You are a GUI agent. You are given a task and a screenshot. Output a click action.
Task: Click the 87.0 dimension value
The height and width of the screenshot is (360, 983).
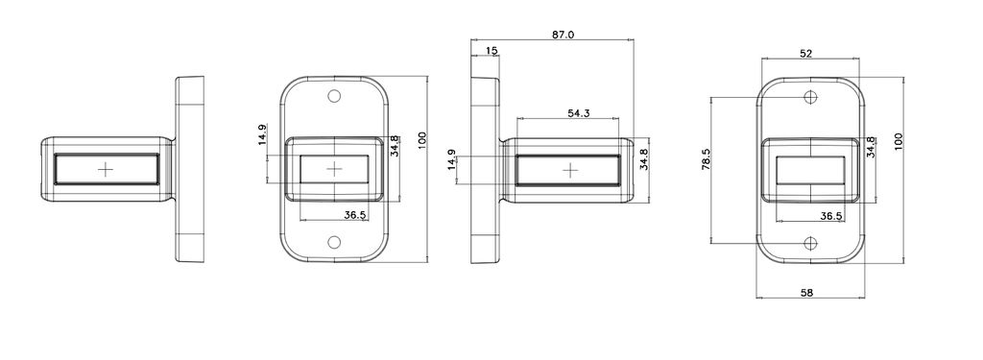pyautogui.click(x=563, y=35)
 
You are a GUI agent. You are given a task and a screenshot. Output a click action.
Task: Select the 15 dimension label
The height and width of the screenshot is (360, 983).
pyautogui.click(x=491, y=50)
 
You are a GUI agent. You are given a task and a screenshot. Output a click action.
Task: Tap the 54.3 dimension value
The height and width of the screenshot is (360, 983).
pyautogui.click(x=579, y=113)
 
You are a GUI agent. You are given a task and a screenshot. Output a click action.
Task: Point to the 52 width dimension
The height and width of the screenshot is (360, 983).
pyautogui.click(x=806, y=54)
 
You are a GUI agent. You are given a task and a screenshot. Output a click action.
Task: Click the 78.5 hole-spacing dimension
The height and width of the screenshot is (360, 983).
pyautogui.click(x=706, y=160)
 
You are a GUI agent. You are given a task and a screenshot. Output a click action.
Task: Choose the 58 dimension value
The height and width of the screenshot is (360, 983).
pyautogui.click(x=806, y=292)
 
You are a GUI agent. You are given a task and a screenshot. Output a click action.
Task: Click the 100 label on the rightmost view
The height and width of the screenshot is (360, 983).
pyautogui.click(x=899, y=141)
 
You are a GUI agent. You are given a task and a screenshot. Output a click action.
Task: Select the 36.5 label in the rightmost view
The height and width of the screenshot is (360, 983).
pyautogui.click(x=830, y=216)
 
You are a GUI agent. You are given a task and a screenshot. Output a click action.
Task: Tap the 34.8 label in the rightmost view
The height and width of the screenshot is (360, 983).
pyautogui.click(x=870, y=148)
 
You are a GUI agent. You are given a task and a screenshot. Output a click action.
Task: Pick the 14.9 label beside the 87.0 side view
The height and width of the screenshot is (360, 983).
pyautogui.click(x=451, y=160)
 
